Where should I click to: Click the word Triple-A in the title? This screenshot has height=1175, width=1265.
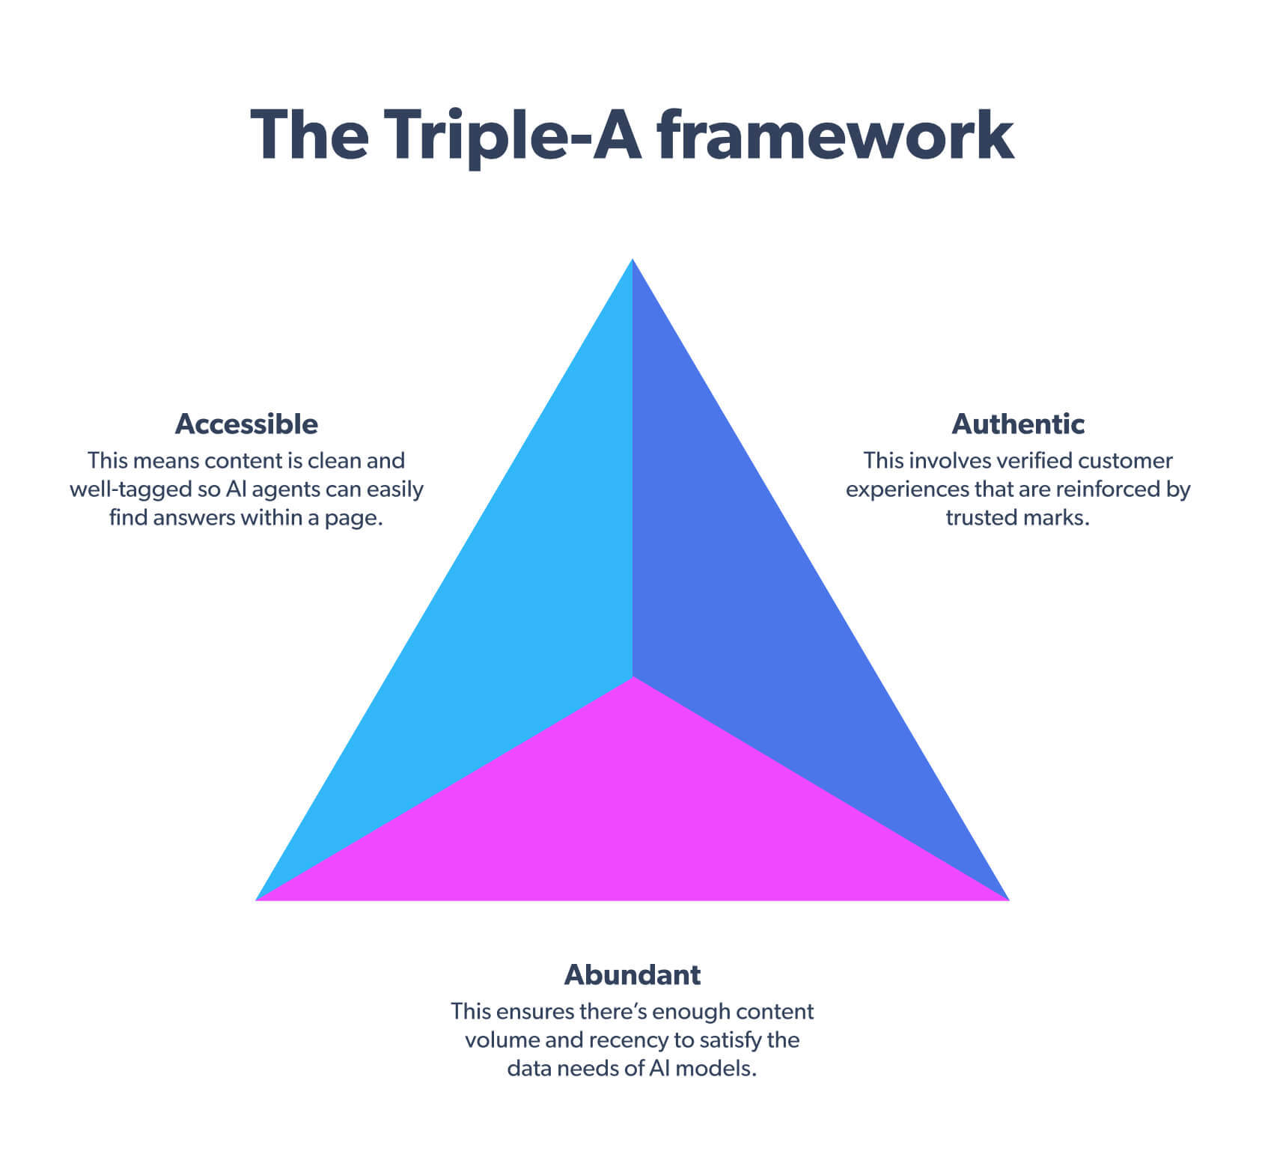click(x=513, y=136)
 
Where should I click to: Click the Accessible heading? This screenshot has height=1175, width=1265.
click(x=246, y=424)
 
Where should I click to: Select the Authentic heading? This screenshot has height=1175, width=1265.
click(x=1017, y=424)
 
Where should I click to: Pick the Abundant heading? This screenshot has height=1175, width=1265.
click(x=632, y=974)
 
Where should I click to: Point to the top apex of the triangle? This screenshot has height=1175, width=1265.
click(x=632, y=261)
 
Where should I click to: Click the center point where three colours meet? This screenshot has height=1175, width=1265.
click(x=633, y=677)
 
